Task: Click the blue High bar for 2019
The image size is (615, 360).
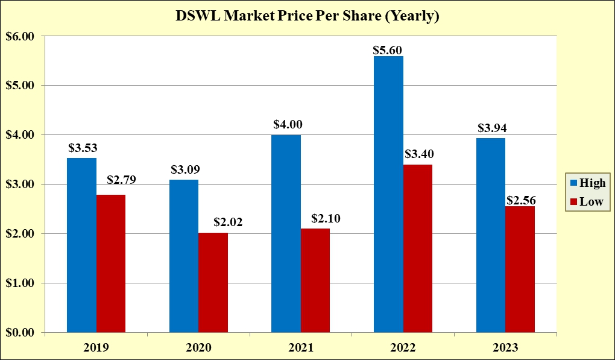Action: coord(81,245)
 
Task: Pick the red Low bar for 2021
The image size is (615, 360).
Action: coord(315,280)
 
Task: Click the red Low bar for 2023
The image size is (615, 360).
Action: coord(520,269)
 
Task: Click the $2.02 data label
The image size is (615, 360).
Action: coord(228,222)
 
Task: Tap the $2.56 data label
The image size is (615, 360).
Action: coord(521,201)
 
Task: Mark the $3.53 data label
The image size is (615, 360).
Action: coord(83,147)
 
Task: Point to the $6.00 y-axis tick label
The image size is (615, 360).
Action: coord(20,36)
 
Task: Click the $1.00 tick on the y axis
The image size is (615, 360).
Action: coord(20,283)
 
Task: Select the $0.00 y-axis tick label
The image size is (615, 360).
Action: coord(20,332)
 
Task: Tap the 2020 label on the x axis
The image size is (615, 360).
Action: coord(198,348)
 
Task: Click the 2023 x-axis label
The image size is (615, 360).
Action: coord(505,348)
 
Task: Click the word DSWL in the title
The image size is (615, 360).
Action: coord(198,16)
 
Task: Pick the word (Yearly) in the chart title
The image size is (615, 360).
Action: coord(411,16)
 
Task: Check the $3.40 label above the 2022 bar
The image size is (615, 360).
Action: coord(418,154)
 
